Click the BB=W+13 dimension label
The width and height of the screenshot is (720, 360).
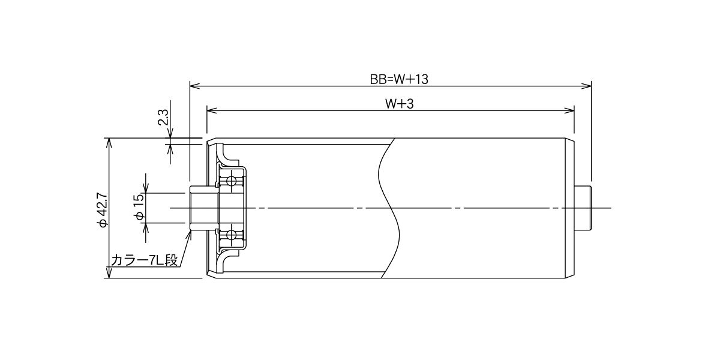(399, 79)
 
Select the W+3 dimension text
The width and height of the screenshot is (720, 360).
(399, 104)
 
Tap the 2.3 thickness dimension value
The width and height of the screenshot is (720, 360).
(163, 117)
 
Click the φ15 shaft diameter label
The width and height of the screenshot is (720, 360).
(140, 208)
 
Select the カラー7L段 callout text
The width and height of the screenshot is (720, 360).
(145, 260)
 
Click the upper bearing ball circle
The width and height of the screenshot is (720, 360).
(231, 181)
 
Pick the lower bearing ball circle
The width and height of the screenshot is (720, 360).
(231, 235)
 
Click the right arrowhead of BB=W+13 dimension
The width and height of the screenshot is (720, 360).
(587, 86)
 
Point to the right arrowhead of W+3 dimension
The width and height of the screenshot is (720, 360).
(569, 110)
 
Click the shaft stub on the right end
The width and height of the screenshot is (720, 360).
(583, 208)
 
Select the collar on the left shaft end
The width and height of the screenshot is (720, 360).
(204, 208)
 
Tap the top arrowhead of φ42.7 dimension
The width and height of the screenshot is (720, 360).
(109, 143)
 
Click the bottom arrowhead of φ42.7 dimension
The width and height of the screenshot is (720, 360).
(109, 273)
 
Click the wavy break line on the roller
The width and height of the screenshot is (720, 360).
(389, 208)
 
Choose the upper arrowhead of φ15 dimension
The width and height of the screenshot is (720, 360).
(146, 188)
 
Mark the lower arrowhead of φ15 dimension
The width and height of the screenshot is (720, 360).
(146, 227)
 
